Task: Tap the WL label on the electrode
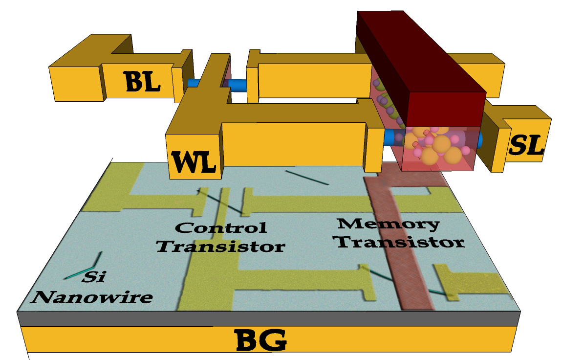point(193,161)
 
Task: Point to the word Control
point(221,227)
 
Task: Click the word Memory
point(389,225)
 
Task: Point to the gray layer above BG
point(269,318)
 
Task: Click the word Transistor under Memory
point(401,242)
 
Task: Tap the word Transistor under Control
point(221,245)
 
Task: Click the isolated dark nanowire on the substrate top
point(307,178)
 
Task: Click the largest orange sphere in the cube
point(442,145)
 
